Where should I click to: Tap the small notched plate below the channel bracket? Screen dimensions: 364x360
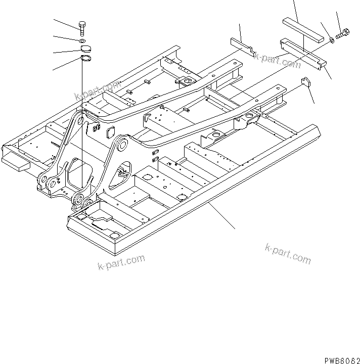[306, 82]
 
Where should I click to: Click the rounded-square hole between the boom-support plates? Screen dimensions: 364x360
[110, 133]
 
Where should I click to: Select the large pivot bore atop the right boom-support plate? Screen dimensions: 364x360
[121, 145]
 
